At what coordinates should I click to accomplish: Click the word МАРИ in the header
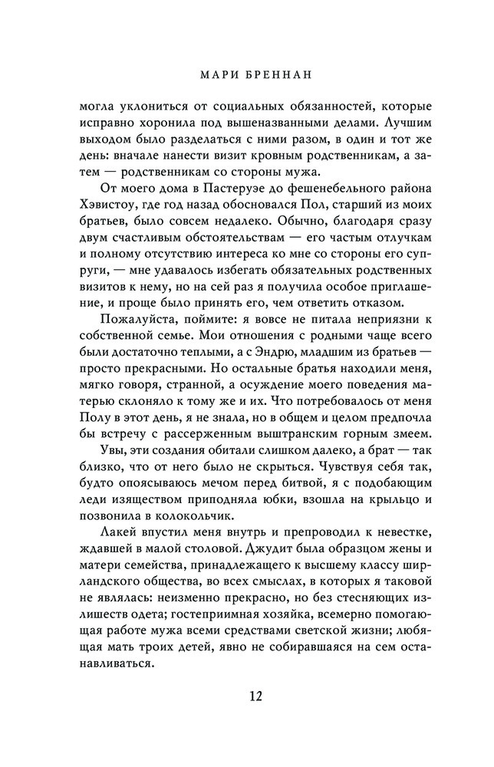pyautogui.click(x=212, y=75)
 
